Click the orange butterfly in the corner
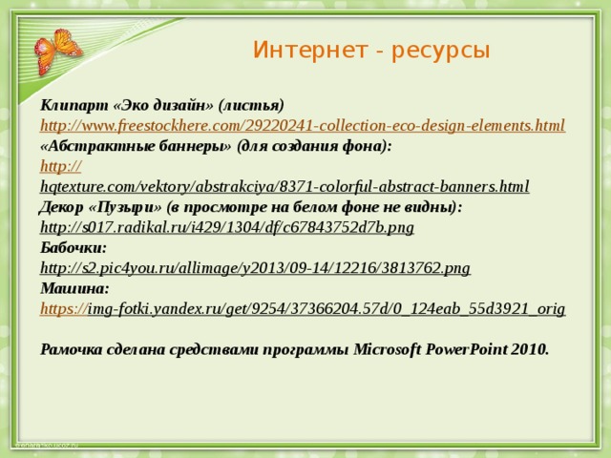tap(57, 51)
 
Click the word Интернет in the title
tap(310, 50)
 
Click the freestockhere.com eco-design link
tap(303, 126)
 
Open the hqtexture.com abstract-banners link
tap(284, 187)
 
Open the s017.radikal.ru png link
tap(227, 227)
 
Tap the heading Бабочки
tap(74, 248)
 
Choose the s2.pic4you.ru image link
tap(255, 268)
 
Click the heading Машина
tap(74, 288)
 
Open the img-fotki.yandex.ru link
tap(303, 309)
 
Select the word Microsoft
tap(388, 349)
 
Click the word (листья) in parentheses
tap(251, 106)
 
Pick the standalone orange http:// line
tap(61, 166)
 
